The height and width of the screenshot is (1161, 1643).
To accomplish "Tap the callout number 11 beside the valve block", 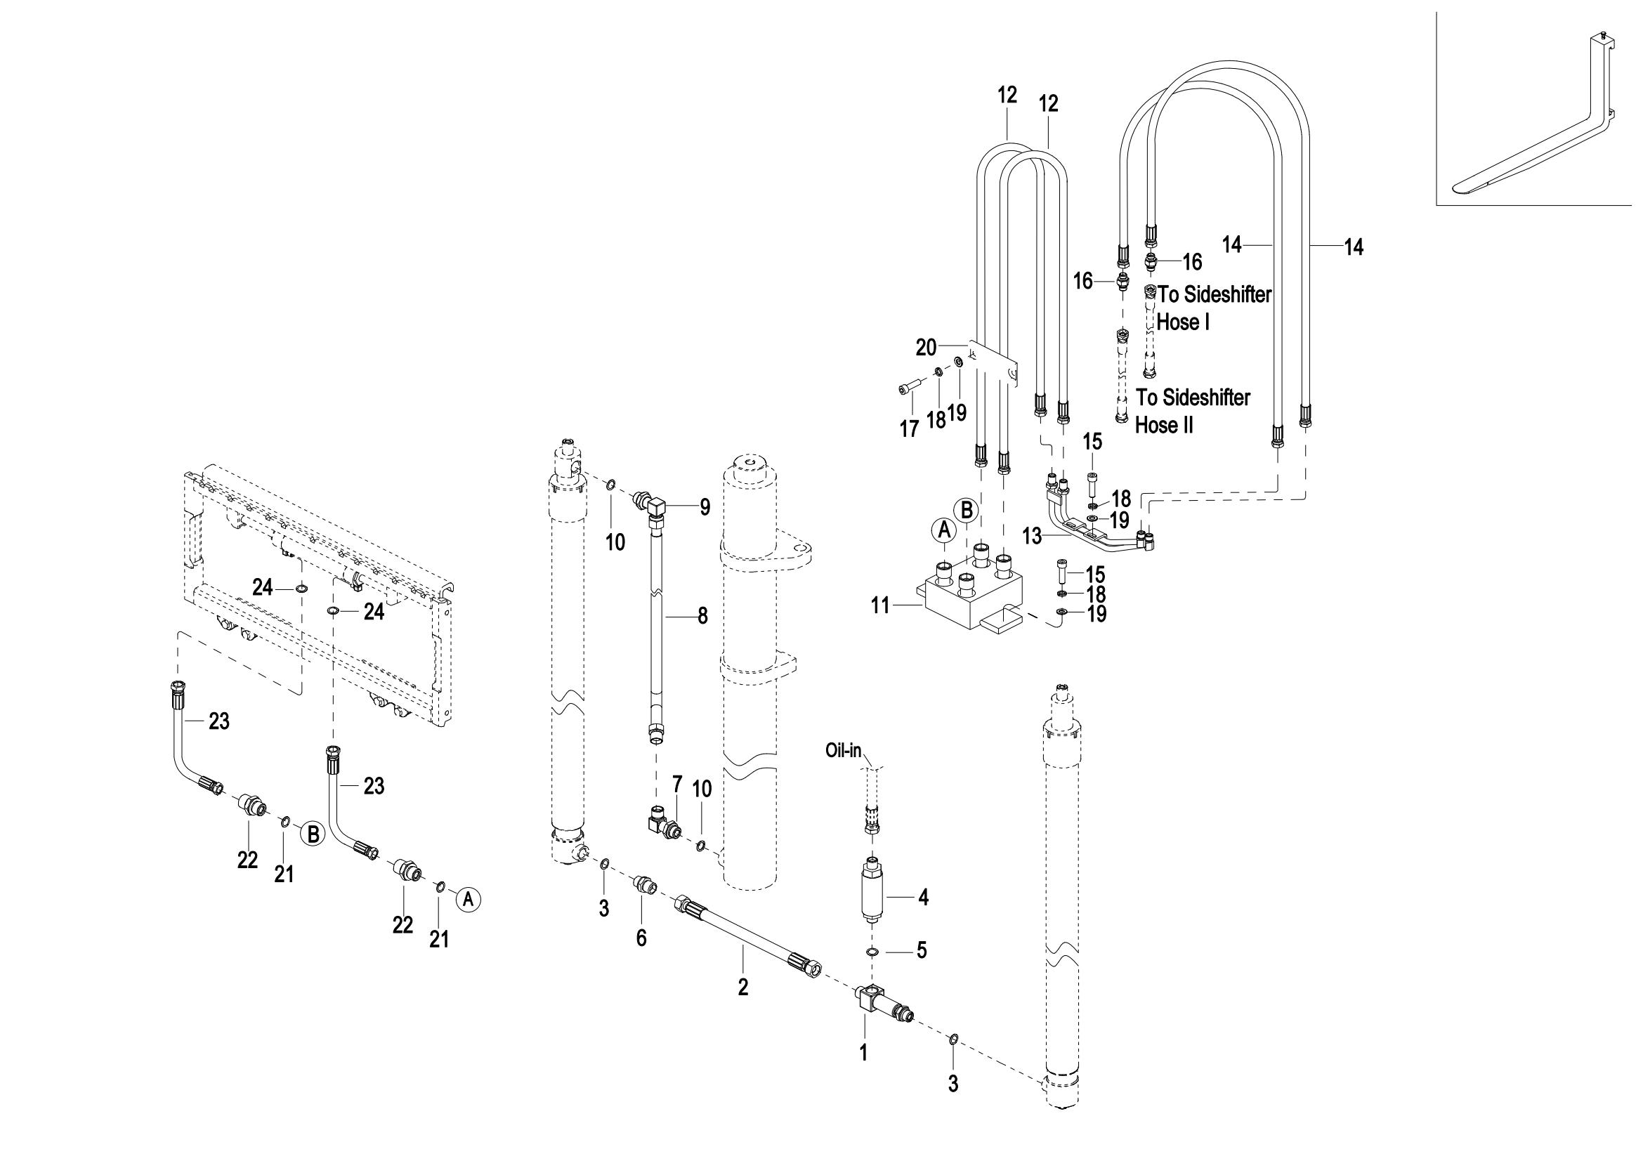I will point(879,606).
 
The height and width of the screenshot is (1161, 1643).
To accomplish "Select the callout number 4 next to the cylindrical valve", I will point(923,898).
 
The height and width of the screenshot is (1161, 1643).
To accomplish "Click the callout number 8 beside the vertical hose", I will point(702,615).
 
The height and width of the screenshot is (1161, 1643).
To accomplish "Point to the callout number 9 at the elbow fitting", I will point(705,507).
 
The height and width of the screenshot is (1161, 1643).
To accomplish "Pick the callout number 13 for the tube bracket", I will point(1033,536).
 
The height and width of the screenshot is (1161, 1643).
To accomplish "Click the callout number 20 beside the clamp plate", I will point(926,348).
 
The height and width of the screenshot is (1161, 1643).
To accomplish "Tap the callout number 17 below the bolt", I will point(909,429).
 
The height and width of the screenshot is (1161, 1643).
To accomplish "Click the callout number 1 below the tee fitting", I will point(863,1051).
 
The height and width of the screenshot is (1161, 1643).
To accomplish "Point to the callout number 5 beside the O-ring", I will point(921,950).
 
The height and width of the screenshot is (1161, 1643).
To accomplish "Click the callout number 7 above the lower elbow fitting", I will point(677,784).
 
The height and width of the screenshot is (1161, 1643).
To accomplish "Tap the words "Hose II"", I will point(1164,425).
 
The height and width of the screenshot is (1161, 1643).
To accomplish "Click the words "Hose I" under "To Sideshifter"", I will point(1183,322).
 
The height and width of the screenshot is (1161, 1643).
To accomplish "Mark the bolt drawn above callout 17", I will point(908,388).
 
